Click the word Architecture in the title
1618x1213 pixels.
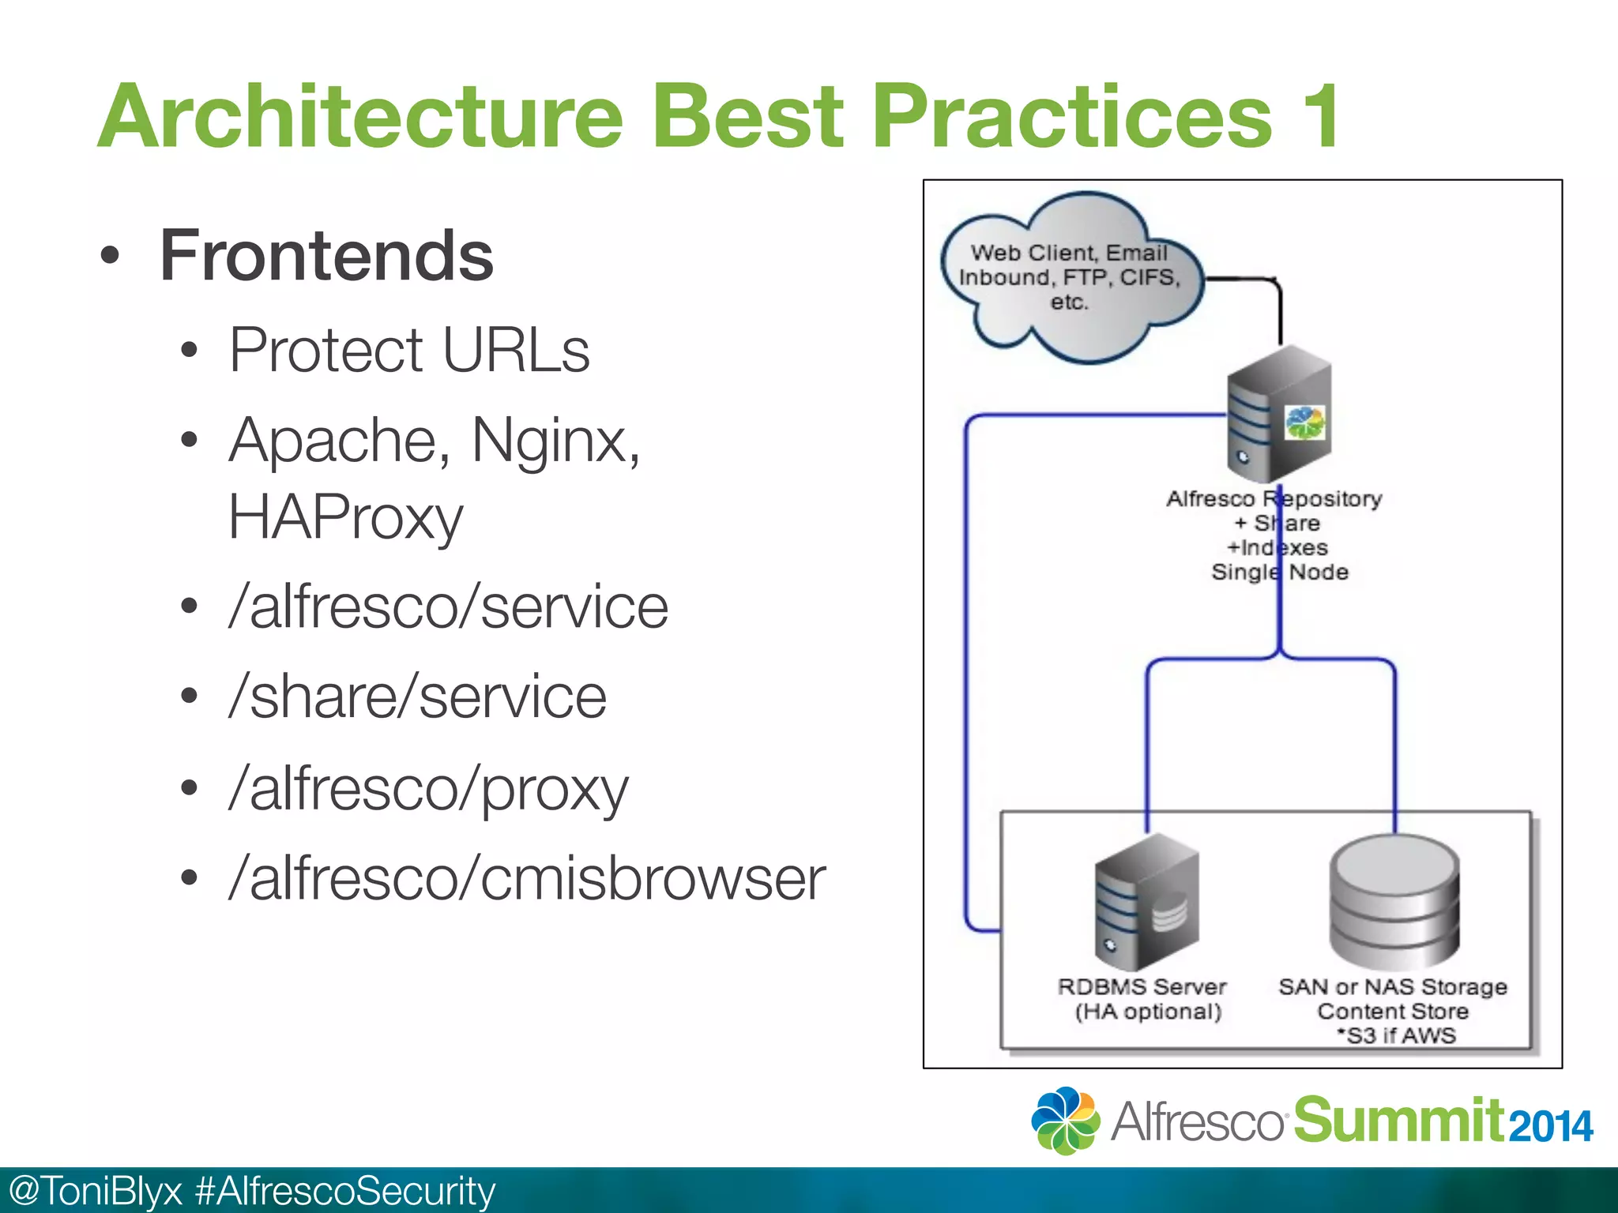click(360, 117)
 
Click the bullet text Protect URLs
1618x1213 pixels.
click(408, 350)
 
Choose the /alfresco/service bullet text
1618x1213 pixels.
click(448, 607)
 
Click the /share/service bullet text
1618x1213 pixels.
click(417, 697)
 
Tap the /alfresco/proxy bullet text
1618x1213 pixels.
click(428, 788)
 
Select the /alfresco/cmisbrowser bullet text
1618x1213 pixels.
click(526, 878)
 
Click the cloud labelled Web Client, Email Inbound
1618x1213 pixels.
click(1071, 277)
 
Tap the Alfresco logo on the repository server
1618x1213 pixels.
click(1304, 422)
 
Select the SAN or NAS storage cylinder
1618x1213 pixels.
click(1394, 900)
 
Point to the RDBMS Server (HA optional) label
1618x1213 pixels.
click(1143, 999)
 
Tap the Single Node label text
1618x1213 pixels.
click(1279, 572)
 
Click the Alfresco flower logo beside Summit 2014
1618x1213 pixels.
click(1065, 1120)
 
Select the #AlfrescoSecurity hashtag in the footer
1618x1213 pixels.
click(344, 1191)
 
